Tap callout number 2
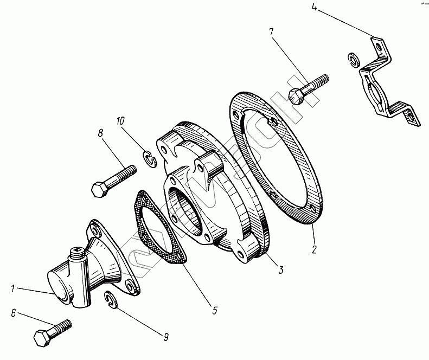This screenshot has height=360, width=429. tap(313, 250)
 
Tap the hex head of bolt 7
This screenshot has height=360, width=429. tap(296, 97)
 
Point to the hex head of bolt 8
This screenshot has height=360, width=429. tap(100, 190)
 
